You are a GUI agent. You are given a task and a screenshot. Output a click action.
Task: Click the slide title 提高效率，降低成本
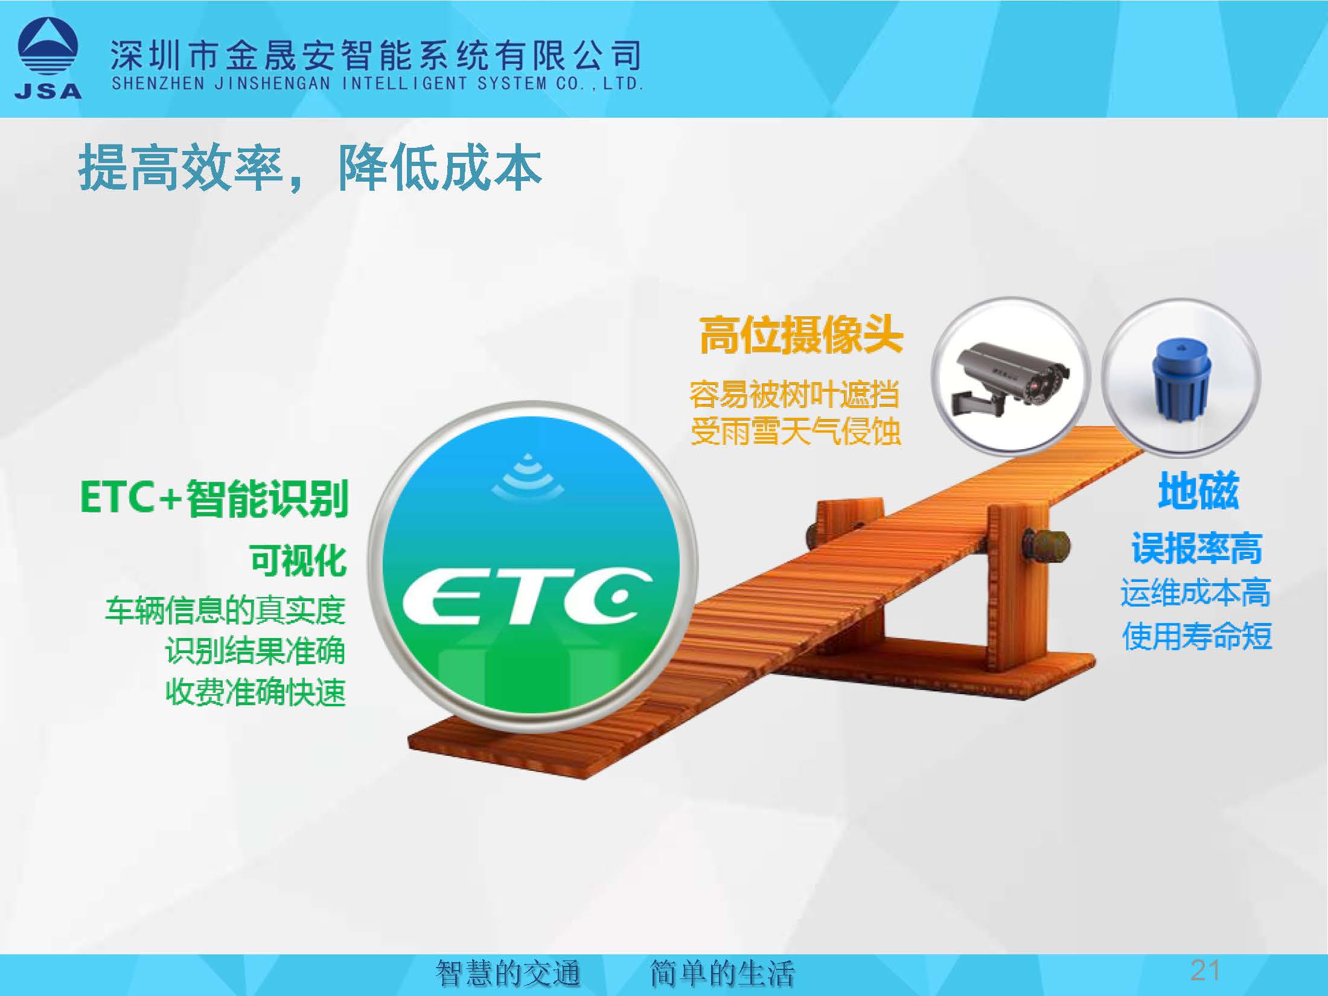pyautogui.click(x=310, y=167)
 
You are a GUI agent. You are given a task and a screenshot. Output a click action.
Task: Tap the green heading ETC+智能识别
pyautogui.click(x=214, y=498)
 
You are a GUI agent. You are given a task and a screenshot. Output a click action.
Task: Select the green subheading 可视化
pyautogui.click(x=299, y=560)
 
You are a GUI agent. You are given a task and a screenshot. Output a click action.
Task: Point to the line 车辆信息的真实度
pyautogui.click(x=225, y=610)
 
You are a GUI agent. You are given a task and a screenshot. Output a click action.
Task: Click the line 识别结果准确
pyautogui.click(x=255, y=651)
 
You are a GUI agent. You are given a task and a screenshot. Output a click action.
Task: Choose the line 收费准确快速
pyautogui.click(x=255, y=692)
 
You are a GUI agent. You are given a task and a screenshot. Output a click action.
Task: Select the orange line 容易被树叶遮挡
pyautogui.click(x=794, y=395)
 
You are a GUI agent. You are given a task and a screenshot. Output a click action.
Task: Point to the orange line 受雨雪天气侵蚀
pyautogui.click(x=795, y=431)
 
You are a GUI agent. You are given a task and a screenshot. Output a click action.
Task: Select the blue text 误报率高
pyautogui.click(x=1196, y=548)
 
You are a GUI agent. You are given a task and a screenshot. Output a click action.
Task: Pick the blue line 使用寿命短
pyautogui.click(x=1196, y=636)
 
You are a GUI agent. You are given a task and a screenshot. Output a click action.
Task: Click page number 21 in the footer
pyautogui.click(x=1205, y=970)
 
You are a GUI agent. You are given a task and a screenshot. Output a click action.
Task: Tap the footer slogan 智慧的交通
pyautogui.click(x=508, y=973)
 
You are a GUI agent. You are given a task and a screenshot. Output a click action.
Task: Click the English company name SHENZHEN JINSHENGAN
pyautogui.click(x=221, y=83)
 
